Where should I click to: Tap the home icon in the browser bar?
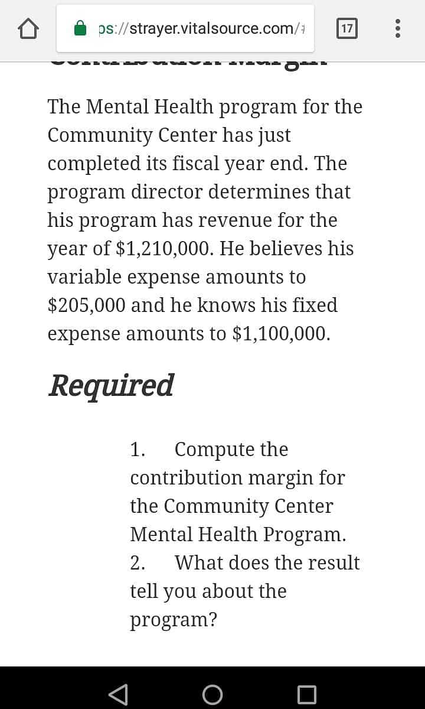29,28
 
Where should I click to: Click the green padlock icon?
81,28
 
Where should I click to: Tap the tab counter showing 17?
346,28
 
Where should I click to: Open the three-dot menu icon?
398,28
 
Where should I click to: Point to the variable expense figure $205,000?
86,305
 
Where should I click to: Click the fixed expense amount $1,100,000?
282,334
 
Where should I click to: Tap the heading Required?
111,385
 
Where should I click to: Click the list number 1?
137,450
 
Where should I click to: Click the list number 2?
137,563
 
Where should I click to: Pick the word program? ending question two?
174,620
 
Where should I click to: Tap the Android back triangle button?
119,694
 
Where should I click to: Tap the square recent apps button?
307,694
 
